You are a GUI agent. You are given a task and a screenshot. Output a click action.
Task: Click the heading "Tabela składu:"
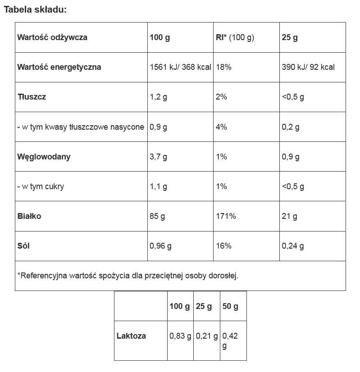(36, 9)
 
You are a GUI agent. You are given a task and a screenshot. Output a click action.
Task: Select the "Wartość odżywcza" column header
(52, 37)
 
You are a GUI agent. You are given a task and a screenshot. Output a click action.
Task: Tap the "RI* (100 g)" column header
(235, 37)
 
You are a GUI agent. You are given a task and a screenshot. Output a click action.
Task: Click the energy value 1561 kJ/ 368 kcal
(180, 67)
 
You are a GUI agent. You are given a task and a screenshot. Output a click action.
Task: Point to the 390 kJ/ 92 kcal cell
(308, 67)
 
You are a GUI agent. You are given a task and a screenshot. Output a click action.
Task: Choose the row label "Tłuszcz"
(32, 97)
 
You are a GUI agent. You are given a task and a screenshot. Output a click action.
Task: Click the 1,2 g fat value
(158, 97)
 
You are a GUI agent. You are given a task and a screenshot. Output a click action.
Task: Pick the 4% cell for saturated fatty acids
(221, 127)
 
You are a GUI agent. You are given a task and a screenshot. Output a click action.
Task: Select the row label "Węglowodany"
(44, 157)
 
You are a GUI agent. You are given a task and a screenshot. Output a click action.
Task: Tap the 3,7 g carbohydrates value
(158, 157)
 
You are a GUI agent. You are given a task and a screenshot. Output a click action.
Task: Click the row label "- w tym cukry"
(41, 186)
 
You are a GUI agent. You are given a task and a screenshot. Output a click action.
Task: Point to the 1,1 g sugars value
(158, 186)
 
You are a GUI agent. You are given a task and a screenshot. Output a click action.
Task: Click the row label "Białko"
(29, 216)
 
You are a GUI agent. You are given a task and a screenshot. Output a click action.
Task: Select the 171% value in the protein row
(226, 216)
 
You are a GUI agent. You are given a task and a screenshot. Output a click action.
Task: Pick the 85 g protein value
(157, 216)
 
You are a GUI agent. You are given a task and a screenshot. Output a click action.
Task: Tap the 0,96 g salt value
(160, 246)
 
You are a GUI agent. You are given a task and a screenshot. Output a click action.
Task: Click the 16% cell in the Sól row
(223, 246)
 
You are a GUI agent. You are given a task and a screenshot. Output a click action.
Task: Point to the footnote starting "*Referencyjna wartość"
(128, 275)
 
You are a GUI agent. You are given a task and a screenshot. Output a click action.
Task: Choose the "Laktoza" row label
(131, 336)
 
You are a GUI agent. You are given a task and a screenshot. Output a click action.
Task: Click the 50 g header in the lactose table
(230, 306)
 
